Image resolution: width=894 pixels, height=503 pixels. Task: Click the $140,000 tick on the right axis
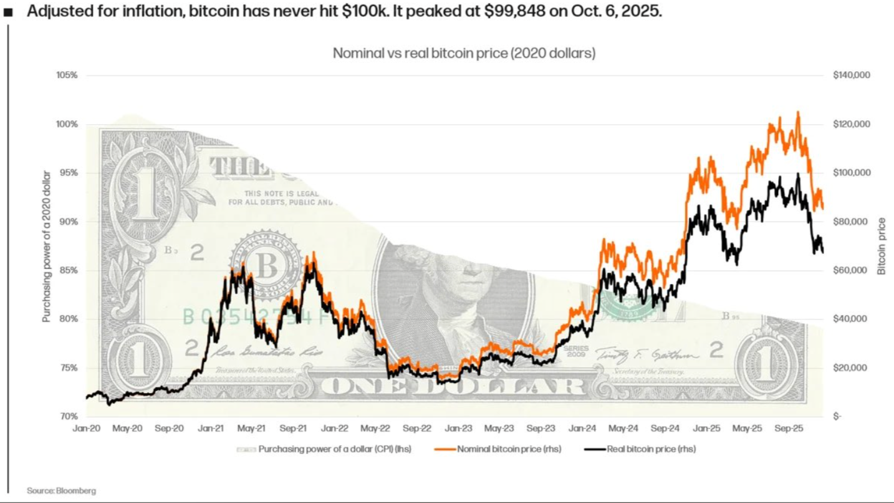(x=851, y=76)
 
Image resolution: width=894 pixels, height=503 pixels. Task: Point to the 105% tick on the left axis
(x=67, y=76)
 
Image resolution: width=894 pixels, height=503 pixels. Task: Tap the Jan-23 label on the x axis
(x=458, y=429)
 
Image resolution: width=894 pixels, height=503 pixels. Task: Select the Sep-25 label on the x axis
(x=789, y=429)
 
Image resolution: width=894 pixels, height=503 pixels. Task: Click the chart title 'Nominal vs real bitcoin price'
(x=464, y=54)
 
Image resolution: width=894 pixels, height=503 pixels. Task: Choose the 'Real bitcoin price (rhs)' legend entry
(x=651, y=449)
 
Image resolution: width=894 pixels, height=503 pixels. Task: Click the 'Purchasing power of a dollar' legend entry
(x=334, y=449)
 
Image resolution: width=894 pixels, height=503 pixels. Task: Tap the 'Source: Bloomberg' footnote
(x=61, y=491)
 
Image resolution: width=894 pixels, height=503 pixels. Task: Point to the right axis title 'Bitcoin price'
(x=882, y=246)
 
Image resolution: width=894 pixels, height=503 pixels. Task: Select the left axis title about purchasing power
(x=46, y=246)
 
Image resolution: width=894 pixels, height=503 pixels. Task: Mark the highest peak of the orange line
(x=798, y=112)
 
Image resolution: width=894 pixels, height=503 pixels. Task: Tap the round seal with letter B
(x=267, y=265)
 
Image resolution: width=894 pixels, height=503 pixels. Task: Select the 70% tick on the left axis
(x=69, y=416)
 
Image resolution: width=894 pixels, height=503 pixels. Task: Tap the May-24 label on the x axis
(x=623, y=429)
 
